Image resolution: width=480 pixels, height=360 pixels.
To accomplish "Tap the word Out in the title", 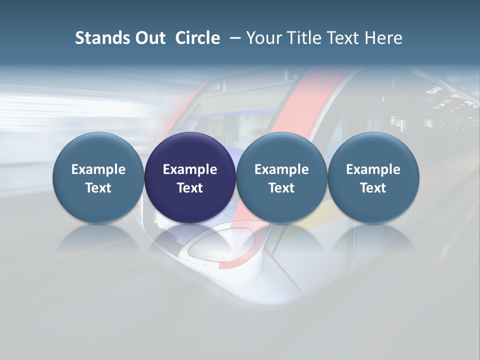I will (148, 38).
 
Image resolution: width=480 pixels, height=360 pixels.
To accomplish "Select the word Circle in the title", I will (197, 38).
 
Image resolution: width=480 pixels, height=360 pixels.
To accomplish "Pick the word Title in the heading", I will (306, 38).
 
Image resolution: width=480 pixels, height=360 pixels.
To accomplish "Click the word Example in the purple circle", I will (190, 169).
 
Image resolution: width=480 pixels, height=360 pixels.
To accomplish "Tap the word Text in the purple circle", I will (190, 188).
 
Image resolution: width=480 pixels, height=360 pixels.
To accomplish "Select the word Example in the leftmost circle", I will (98, 169).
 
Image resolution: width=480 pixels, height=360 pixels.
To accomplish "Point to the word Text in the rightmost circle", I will (373, 188).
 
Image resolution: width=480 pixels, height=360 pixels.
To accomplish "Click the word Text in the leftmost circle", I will (98, 188).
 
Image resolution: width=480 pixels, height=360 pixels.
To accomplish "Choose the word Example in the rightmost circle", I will (373, 169).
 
